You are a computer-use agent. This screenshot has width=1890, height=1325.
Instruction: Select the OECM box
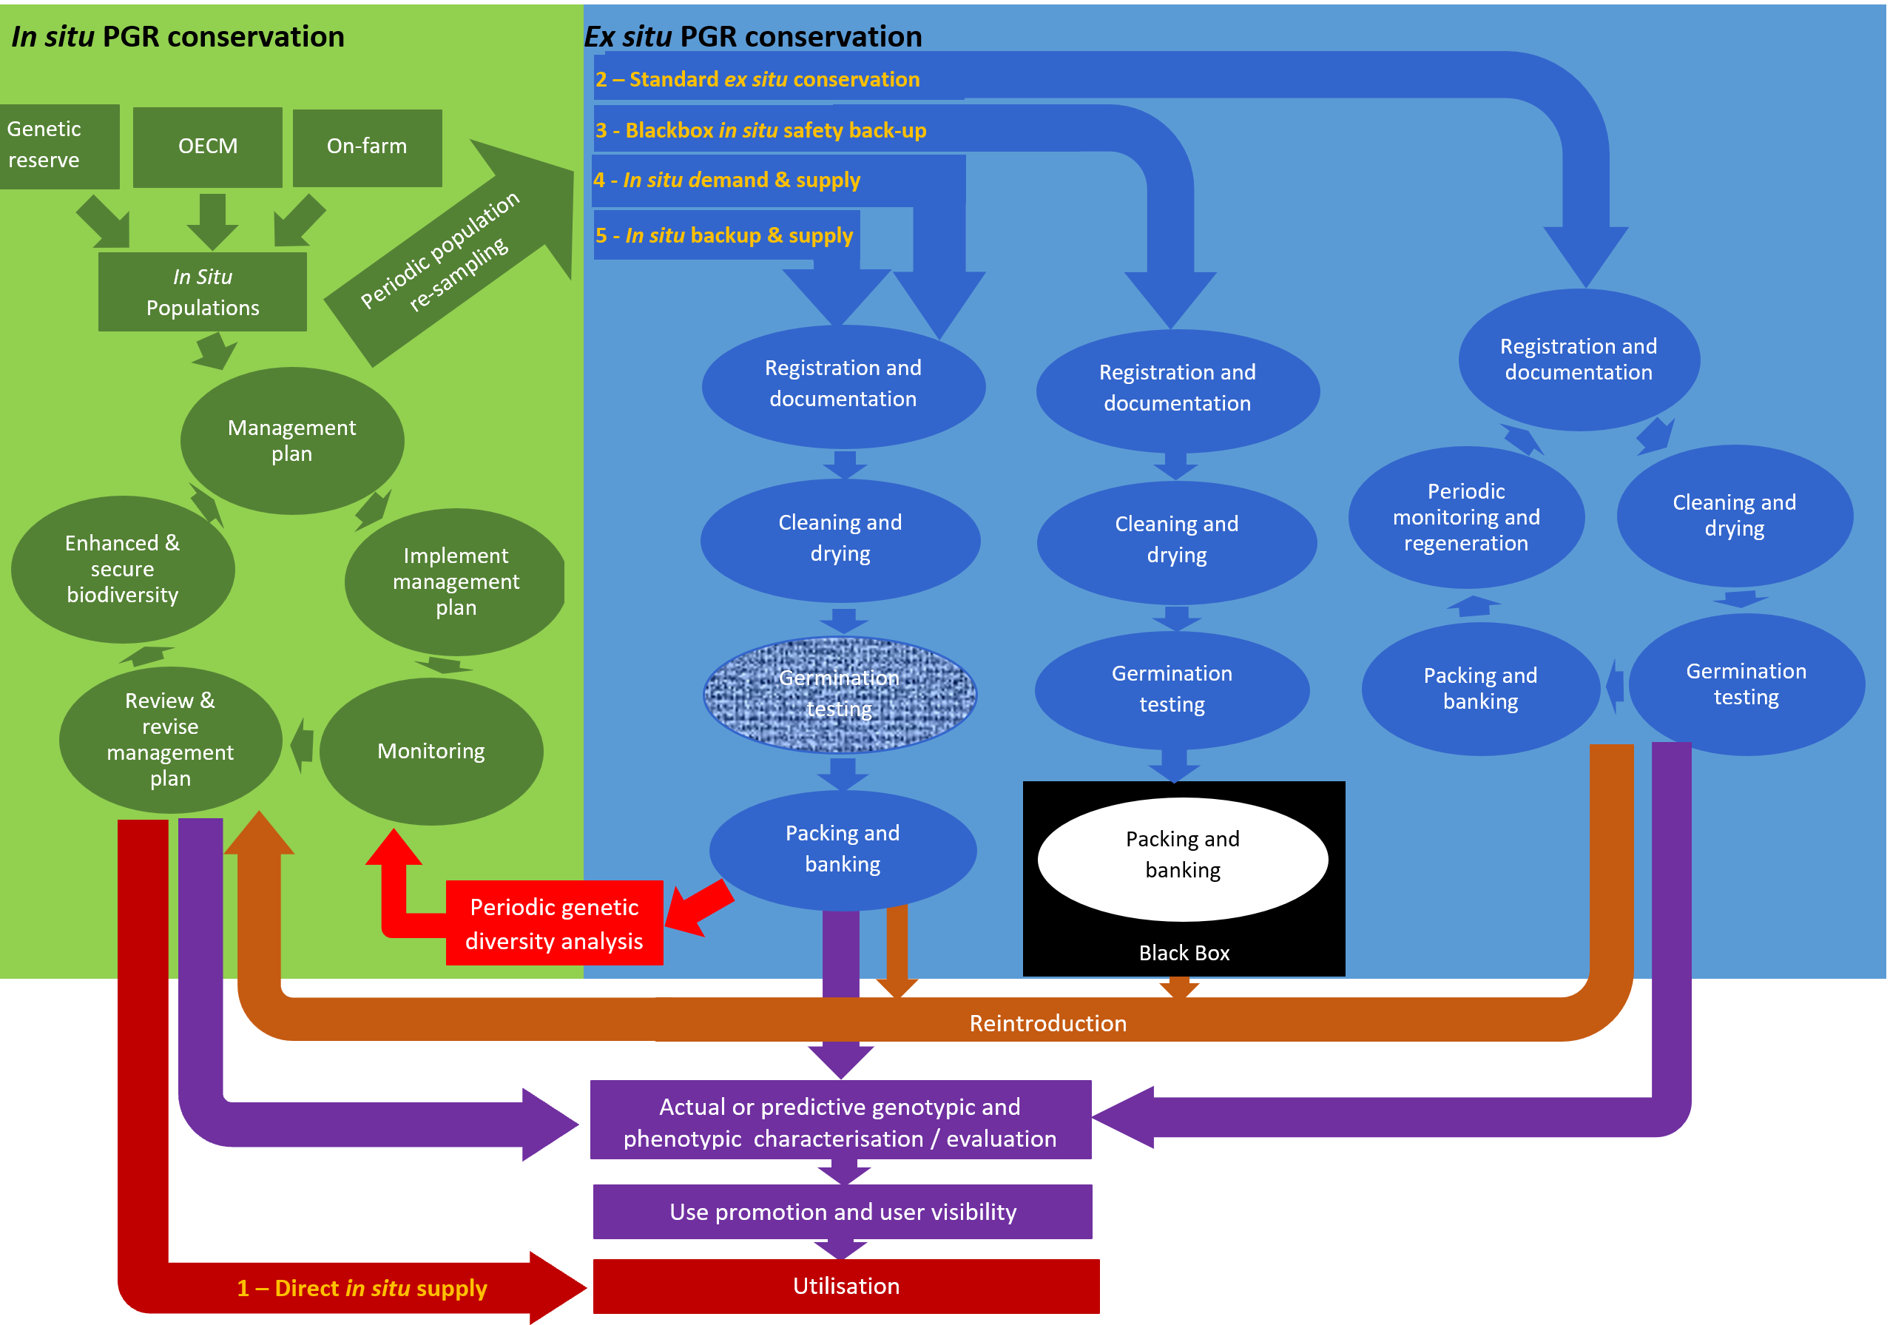(207, 146)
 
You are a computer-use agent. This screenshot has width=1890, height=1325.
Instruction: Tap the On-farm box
(367, 146)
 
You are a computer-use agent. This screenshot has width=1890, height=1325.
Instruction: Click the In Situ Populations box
(203, 291)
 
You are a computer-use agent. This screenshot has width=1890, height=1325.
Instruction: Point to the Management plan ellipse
(291, 441)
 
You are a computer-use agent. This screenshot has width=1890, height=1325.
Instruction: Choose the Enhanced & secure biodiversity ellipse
(123, 569)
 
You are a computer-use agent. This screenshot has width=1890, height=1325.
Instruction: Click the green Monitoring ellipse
(431, 751)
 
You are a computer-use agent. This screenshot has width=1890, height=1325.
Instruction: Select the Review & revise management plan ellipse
(170, 740)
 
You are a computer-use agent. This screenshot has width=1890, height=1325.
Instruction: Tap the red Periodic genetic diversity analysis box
(554, 923)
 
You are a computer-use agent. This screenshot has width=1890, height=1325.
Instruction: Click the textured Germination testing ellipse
(840, 693)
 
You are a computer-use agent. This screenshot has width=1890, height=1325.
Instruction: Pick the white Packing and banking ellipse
(1182, 858)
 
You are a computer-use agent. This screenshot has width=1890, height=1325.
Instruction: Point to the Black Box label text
(1184, 953)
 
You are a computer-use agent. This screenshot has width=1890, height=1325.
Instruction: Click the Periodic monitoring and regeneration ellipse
(1466, 517)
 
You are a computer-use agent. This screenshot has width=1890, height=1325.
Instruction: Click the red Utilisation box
(846, 1286)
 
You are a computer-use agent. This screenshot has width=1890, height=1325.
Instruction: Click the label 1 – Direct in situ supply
(362, 1288)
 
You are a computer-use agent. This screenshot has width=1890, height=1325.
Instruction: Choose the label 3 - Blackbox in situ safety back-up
(760, 130)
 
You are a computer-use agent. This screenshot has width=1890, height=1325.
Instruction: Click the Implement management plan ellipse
(455, 581)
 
